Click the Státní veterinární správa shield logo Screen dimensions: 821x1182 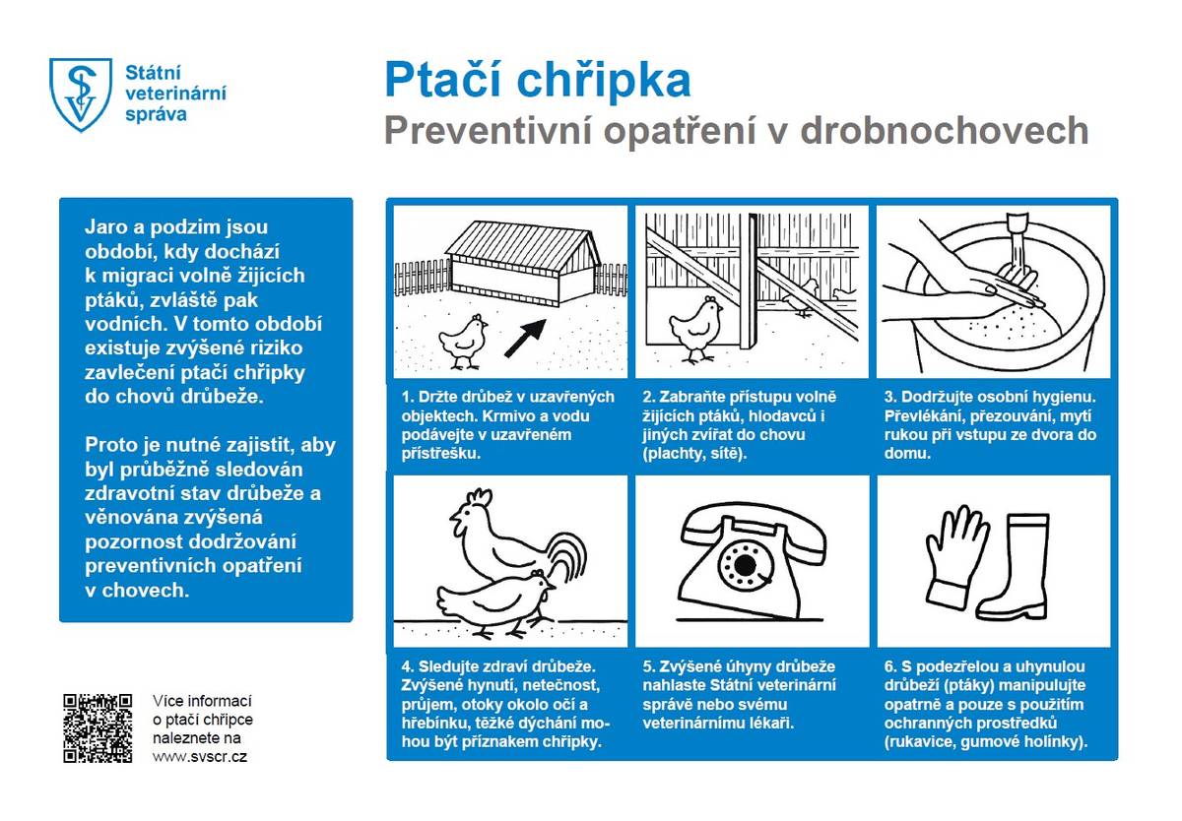tap(80, 95)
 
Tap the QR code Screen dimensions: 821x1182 tap(98, 727)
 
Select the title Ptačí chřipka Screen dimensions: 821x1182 tap(537, 81)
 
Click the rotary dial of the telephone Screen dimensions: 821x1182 tap(740, 565)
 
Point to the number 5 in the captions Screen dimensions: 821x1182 tap(647, 666)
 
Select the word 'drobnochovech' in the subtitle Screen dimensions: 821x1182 tap(945, 131)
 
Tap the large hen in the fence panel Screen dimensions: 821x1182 tap(697, 325)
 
